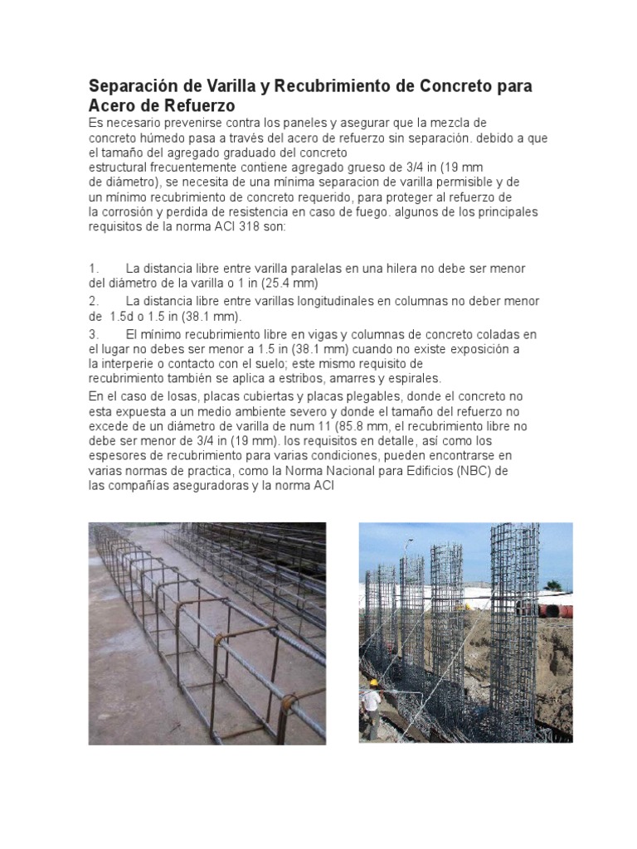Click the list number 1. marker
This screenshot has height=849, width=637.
click(x=94, y=269)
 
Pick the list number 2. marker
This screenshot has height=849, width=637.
click(x=94, y=301)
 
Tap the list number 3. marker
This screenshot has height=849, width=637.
click(x=94, y=334)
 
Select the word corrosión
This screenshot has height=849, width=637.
click(x=139, y=211)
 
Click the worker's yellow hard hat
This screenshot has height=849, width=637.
click(x=374, y=682)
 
